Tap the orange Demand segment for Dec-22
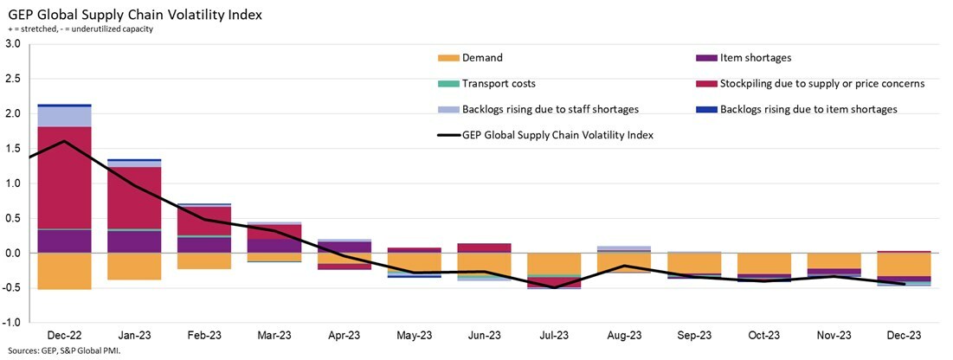point(65,271)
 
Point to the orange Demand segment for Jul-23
point(554,263)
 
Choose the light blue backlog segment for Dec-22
point(65,116)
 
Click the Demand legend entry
point(481,58)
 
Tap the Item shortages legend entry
point(756,58)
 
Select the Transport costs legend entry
point(498,84)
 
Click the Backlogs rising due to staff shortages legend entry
point(550,109)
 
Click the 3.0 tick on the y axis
point(13,43)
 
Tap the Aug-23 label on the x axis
point(624,335)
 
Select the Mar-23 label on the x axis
point(274,335)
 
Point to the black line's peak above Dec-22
point(65,141)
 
